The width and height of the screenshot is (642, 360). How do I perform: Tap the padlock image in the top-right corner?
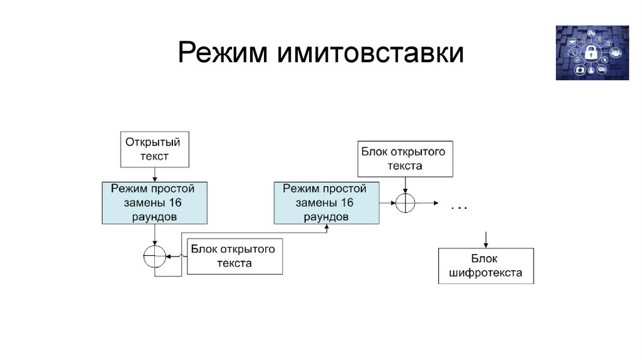591,53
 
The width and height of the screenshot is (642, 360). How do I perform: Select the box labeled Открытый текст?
155,149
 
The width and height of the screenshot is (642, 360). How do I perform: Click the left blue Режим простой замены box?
154,203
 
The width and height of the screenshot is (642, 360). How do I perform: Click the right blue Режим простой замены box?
326,203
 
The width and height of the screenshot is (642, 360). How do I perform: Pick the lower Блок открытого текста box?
234,257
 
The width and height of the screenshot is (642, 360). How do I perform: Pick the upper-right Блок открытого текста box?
404,159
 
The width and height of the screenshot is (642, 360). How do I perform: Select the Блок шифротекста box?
486,266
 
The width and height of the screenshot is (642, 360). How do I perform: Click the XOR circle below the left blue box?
154,257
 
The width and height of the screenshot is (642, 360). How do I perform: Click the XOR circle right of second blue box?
406,203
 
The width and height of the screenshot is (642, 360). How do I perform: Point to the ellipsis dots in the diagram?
459,207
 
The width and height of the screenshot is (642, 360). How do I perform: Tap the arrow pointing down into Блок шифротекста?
486,239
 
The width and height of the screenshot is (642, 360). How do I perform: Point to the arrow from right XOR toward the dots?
428,203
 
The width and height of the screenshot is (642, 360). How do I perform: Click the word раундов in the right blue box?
326,216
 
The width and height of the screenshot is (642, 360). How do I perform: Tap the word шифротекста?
486,273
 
